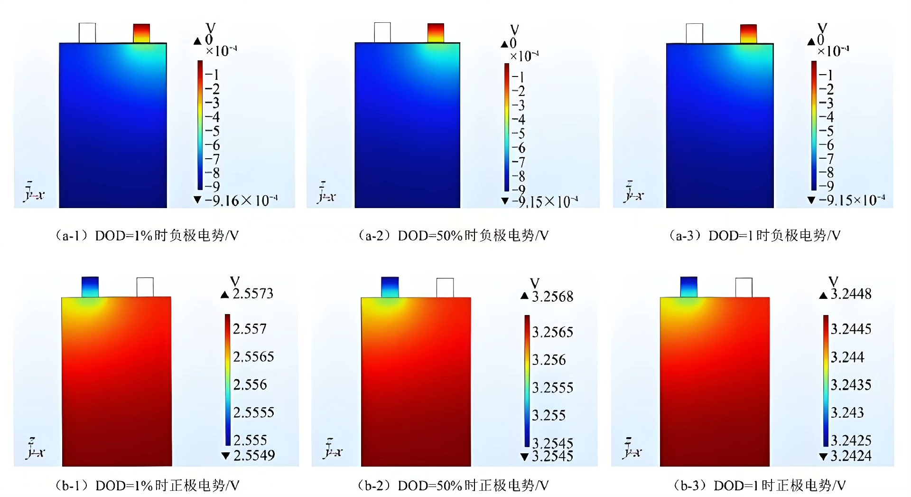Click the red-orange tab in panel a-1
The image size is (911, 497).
141,33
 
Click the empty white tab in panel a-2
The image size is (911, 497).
382,32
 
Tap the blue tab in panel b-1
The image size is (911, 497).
90,287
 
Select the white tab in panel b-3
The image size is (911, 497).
744,287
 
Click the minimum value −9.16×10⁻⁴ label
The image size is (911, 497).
241,201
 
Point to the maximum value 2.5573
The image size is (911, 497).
253,294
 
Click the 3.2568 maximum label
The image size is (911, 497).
552,296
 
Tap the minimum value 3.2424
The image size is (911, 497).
851,456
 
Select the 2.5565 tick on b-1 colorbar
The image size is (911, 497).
253,356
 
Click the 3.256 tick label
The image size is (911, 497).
549,360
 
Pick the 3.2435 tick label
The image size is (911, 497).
851,384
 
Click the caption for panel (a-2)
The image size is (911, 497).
453,235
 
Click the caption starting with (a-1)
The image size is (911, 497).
147,235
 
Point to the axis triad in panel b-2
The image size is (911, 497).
332,449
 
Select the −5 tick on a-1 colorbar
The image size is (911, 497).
213,131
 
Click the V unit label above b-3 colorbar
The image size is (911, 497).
833,281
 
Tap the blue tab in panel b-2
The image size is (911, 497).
390,287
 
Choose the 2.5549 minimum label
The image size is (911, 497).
254,455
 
